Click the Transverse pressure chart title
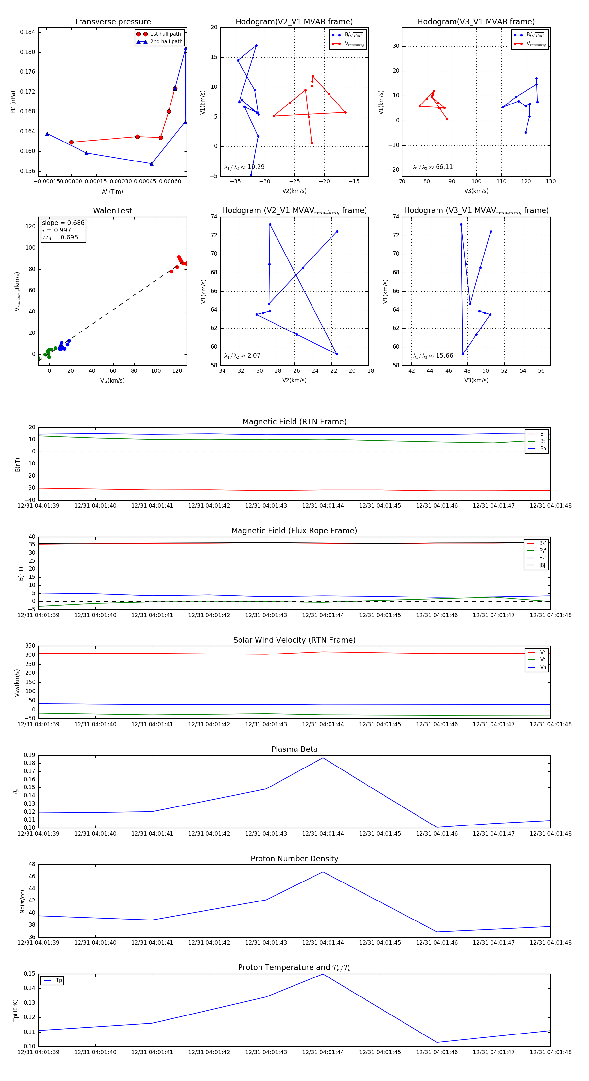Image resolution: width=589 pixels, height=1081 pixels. coord(112,22)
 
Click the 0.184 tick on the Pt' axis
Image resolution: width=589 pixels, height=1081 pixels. coord(28,32)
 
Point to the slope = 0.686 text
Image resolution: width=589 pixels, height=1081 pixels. coord(63,223)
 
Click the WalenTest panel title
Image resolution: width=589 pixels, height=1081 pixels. coord(112,211)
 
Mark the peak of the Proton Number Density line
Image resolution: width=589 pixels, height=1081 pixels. coord(323,872)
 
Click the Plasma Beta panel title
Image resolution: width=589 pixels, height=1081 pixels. coord(294,749)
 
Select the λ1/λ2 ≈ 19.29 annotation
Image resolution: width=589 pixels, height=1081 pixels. coord(244,167)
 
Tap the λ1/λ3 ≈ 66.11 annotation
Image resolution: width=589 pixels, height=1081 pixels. coord(433,167)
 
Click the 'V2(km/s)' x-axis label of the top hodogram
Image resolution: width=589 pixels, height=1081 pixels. coord(294,191)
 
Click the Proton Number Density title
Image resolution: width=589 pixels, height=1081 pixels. coord(294,859)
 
